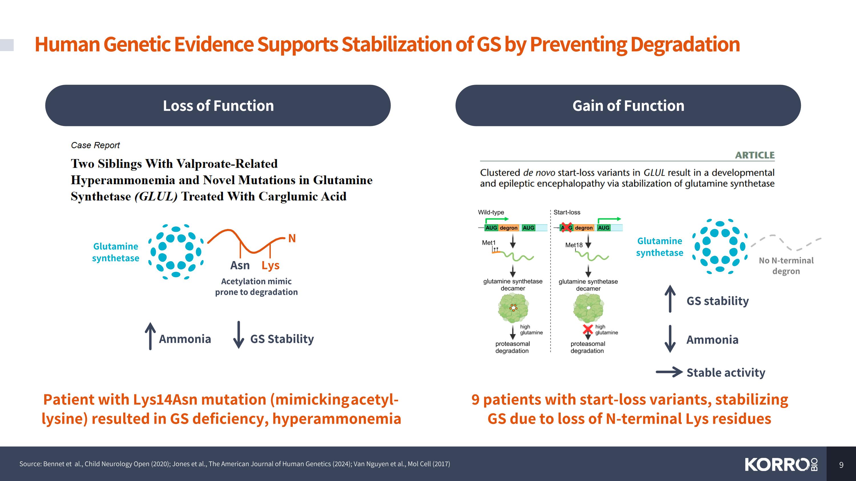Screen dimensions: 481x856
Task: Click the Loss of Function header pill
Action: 218,105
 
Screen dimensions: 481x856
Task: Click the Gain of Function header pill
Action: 628,105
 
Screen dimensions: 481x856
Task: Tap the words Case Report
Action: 95,145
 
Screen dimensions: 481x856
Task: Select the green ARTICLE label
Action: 755,155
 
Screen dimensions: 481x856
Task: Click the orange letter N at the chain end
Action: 292,238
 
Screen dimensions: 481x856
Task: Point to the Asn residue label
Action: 240,265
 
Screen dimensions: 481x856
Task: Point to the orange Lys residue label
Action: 270,265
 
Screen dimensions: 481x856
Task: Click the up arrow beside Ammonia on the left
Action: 150,336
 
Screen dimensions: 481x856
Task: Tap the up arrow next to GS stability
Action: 670,299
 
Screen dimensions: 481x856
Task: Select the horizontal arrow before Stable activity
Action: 669,372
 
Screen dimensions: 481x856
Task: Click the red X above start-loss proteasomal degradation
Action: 588,330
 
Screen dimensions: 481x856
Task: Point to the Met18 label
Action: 574,245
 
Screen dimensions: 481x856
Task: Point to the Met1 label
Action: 488,243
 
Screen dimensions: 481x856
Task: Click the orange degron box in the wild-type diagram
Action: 508,228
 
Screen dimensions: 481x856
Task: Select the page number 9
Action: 841,465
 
